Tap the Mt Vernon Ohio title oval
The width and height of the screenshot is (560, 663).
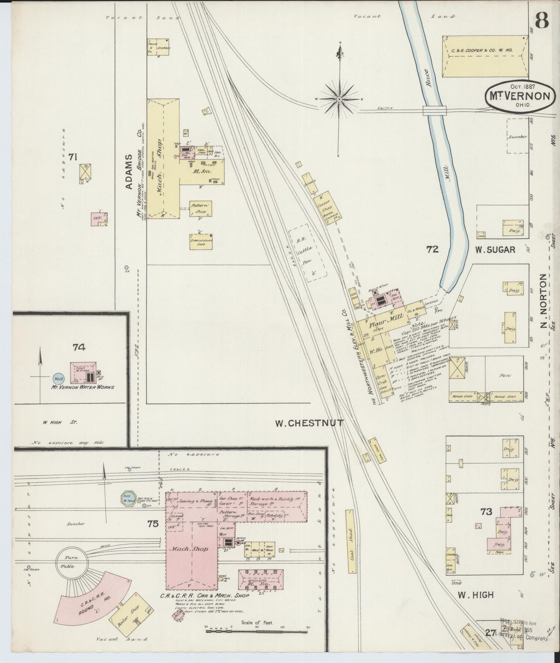tap(518, 96)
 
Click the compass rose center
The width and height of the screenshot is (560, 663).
tap(339, 100)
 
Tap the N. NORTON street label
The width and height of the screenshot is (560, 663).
tap(543, 306)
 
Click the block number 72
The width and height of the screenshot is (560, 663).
tap(432, 250)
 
